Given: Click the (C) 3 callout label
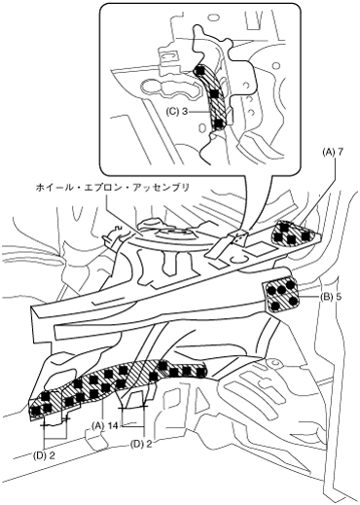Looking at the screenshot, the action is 177,111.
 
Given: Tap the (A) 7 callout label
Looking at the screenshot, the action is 331,153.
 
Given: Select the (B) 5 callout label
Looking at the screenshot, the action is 330,297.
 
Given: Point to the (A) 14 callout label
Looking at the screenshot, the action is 104,425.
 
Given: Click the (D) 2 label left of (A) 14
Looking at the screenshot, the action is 44,455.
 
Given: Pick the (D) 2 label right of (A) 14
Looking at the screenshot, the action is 141,444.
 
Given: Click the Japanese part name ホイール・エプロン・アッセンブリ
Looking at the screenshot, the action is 112,188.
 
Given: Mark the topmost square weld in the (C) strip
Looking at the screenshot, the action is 200,70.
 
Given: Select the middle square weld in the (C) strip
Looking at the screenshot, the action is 214,93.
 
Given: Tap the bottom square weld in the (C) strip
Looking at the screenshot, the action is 219,123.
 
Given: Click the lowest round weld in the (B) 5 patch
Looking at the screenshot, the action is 276,306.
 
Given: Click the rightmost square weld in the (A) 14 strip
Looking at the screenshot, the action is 201,370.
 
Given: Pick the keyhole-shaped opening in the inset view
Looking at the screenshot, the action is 169,89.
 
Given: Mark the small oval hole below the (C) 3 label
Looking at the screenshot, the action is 201,127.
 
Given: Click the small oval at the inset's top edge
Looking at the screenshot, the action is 213,17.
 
